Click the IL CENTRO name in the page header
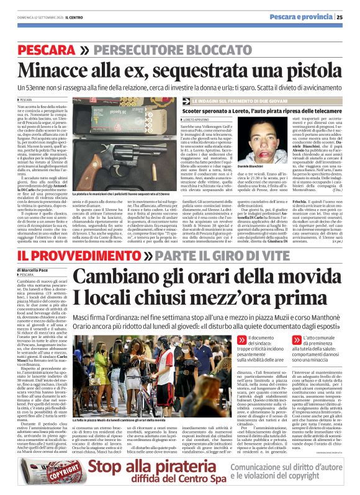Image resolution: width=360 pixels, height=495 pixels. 83,17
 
